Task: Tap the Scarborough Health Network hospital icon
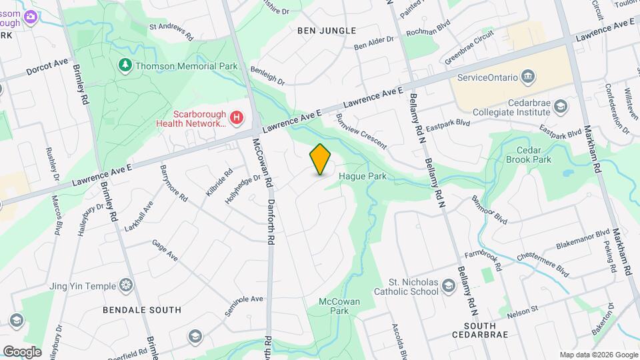click(x=236, y=118)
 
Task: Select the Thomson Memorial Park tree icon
click(x=124, y=65)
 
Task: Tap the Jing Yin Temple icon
click(x=126, y=285)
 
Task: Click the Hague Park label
click(x=363, y=177)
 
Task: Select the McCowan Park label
click(x=339, y=306)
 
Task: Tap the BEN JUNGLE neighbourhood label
click(x=327, y=31)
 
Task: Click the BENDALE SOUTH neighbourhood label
click(x=142, y=310)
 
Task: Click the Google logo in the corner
click(x=22, y=351)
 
